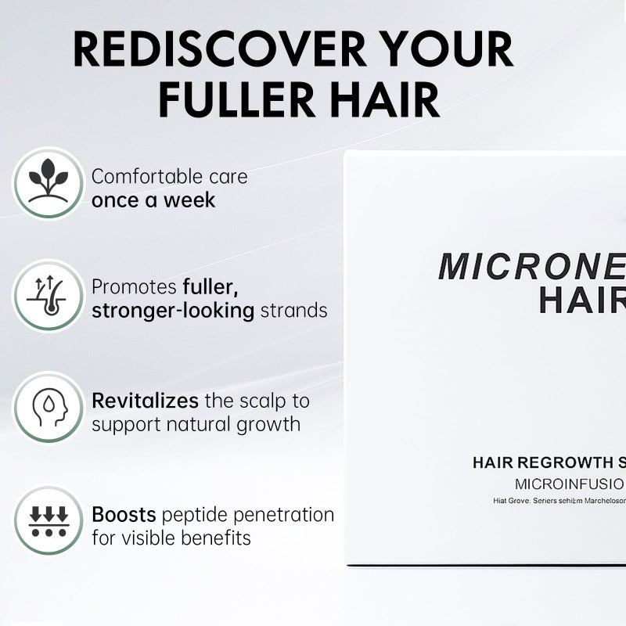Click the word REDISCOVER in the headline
(x=219, y=51)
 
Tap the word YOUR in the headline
(x=445, y=51)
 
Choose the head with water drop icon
(x=48, y=407)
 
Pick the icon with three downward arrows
(x=48, y=521)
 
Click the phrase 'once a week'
(x=153, y=200)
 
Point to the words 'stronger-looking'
(x=173, y=311)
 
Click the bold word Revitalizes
(x=145, y=401)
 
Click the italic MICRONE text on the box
(x=531, y=267)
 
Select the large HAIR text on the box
(x=582, y=300)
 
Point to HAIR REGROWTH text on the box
(x=540, y=462)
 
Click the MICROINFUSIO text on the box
(x=569, y=483)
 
